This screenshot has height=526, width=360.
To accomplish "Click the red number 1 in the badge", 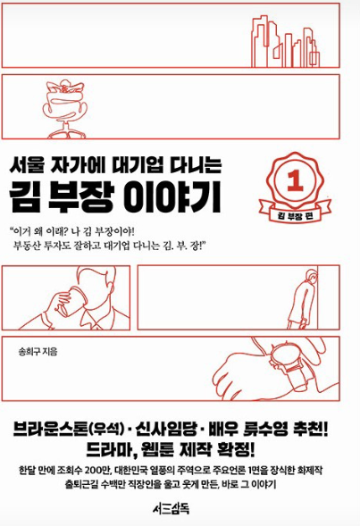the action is coord(295,180).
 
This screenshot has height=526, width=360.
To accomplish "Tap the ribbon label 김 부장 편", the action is coord(296,216).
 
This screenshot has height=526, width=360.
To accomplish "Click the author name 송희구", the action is coord(29,352).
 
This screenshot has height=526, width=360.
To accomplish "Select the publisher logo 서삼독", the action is coord(171,508).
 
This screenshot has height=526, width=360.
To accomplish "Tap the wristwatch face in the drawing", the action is coord(283,357).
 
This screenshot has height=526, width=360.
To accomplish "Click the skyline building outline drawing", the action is coord(285,41).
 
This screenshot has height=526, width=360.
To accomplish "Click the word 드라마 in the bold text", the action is coord(110,450).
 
